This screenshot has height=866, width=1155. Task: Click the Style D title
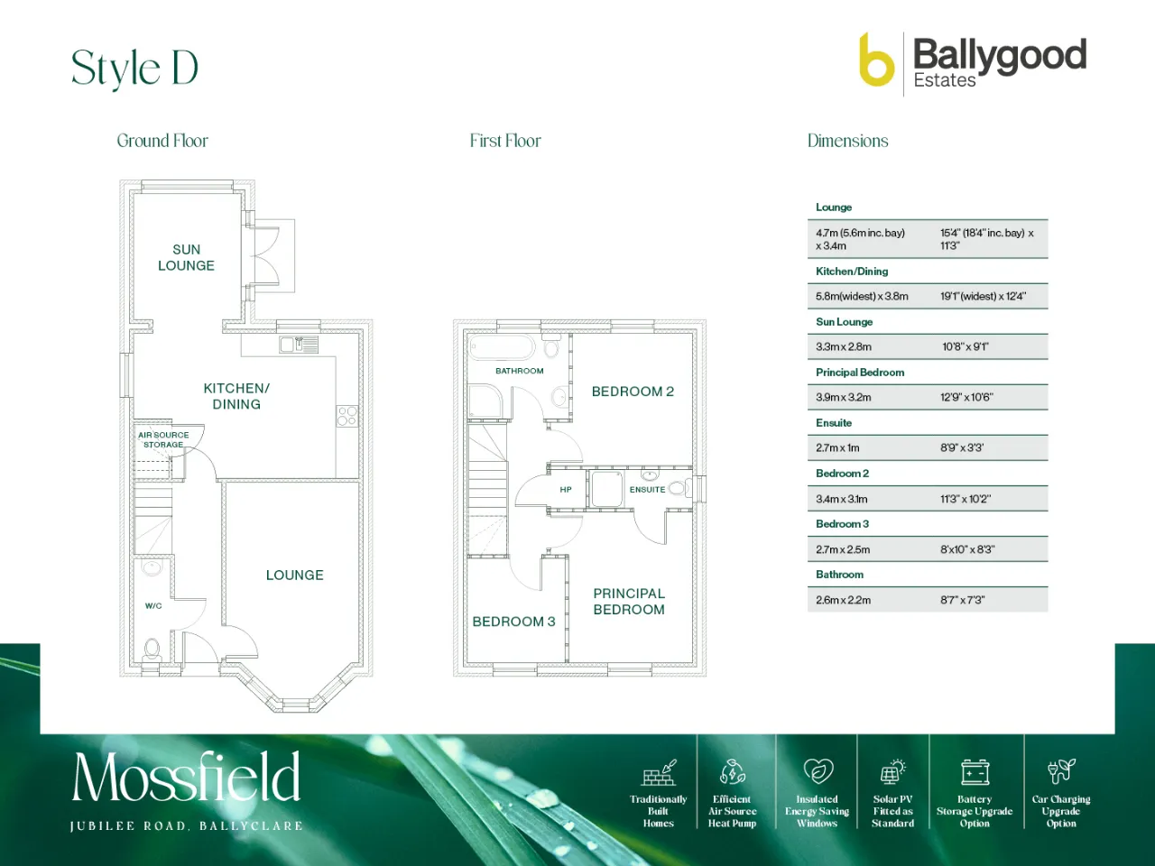tap(134, 69)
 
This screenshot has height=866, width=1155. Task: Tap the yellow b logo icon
tap(877, 60)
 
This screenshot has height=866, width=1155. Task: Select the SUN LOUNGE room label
tap(186, 257)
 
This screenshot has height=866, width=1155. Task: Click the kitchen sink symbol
tap(299, 345)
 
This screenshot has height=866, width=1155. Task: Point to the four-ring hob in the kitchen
tap(347, 415)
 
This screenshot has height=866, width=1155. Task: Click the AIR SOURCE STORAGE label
tap(163, 439)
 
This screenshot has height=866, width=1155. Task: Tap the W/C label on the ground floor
tap(153, 605)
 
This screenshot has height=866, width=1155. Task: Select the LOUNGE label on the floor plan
tap(295, 575)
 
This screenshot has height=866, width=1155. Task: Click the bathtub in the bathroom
tap(502, 348)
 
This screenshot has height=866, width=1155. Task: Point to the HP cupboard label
tap(566, 490)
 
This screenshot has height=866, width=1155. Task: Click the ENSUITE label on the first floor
tap(647, 490)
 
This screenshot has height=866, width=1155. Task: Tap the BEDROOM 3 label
tap(513, 622)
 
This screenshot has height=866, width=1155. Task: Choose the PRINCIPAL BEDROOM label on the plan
tap(629, 602)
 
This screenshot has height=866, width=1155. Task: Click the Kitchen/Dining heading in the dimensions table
tap(852, 272)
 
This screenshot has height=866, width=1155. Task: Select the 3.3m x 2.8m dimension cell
tap(844, 347)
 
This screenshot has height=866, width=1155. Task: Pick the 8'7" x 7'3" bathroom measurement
tap(963, 600)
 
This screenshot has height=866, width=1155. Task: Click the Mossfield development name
tap(186, 776)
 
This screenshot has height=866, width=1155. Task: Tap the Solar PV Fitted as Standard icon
tap(892, 772)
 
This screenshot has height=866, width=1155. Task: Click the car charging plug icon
tap(1061, 771)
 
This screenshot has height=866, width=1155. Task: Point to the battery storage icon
tap(975, 772)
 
